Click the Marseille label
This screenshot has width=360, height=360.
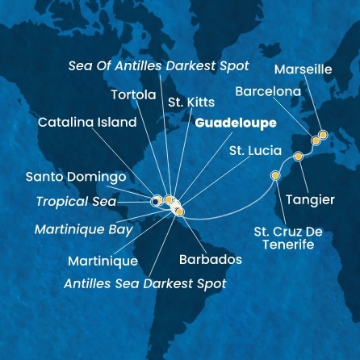point(303,70)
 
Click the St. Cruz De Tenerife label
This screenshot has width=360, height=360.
point(287,238)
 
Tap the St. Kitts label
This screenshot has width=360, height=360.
point(187,103)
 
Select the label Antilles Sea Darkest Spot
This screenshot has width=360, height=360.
point(145,283)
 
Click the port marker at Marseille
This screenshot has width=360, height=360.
point(323,135)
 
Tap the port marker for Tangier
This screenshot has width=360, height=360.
point(298,155)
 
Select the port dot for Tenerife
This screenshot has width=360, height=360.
point(275,175)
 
